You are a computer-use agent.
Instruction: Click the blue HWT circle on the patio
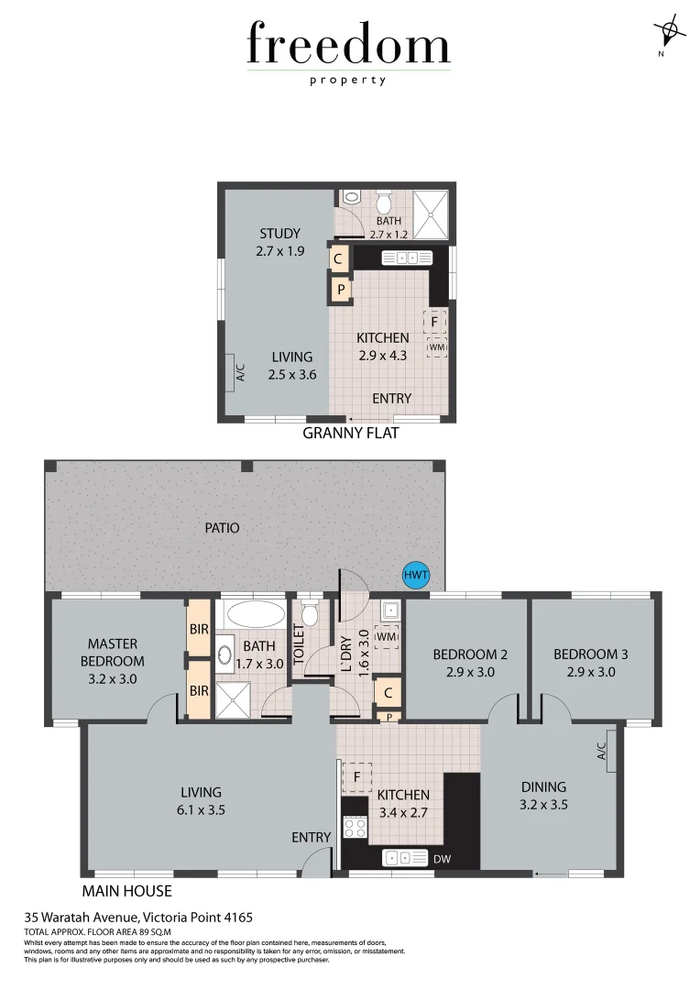(416, 577)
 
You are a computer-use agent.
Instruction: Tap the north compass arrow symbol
(670, 32)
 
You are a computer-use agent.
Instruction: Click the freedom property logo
(348, 51)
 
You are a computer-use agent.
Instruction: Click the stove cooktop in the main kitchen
(355, 828)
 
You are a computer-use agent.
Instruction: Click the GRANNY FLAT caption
(351, 433)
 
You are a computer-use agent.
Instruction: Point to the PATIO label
(222, 528)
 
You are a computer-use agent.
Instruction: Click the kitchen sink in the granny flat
(406, 258)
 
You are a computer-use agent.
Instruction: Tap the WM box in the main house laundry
(388, 635)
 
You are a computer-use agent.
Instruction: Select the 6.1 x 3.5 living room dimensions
(202, 809)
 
